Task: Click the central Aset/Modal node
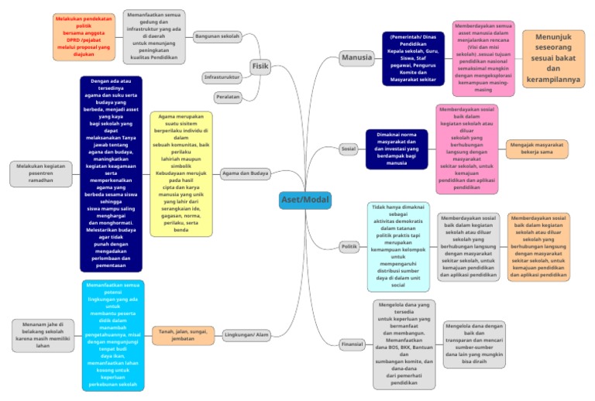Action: tap(305, 199)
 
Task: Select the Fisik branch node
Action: tap(260, 67)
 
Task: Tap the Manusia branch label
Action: tap(358, 57)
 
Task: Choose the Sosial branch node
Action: tap(349, 148)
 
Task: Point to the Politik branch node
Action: tap(349, 247)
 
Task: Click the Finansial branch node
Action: tap(352, 344)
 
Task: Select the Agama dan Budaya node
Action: tap(246, 173)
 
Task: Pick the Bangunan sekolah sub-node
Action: tap(218, 36)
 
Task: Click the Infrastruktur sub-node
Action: tap(222, 77)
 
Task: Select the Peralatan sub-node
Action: tap(226, 98)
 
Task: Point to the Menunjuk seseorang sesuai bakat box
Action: tap(553, 58)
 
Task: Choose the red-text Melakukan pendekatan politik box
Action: tap(84, 36)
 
